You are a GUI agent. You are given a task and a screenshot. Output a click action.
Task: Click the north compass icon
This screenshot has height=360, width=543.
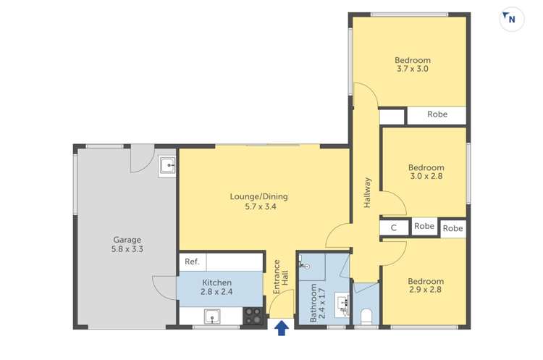(x=511, y=20)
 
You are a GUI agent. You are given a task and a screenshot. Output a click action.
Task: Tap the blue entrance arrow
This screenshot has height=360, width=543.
(x=282, y=330)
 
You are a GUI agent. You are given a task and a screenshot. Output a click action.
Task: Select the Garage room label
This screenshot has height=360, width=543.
(x=127, y=240)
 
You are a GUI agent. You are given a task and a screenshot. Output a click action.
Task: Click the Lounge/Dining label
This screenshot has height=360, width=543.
(x=258, y=196)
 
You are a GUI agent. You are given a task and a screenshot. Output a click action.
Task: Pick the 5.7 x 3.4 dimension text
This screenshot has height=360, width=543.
(x=260, y=206)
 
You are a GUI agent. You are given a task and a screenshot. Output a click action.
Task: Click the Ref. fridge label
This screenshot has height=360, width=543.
(x=192, y=261)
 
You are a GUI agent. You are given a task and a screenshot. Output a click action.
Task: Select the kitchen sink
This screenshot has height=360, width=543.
(x=213, y=316)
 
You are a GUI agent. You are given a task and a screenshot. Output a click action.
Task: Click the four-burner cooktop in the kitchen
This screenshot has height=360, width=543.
(x=253, y=316)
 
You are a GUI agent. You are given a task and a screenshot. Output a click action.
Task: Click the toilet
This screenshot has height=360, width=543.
(x=366, y=317)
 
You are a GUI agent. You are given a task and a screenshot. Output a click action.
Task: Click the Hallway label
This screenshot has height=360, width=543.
(x=367, y=193)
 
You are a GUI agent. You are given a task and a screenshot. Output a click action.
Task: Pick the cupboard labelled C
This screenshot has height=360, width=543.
(x=393, y=228)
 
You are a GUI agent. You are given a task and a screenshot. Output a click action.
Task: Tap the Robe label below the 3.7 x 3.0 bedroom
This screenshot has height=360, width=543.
(x=437, y=114)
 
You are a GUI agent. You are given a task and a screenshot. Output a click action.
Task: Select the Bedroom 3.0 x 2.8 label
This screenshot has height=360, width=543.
(x=426, y=171)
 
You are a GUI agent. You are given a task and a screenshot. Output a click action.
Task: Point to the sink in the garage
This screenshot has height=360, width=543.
(x=168, y=166)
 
